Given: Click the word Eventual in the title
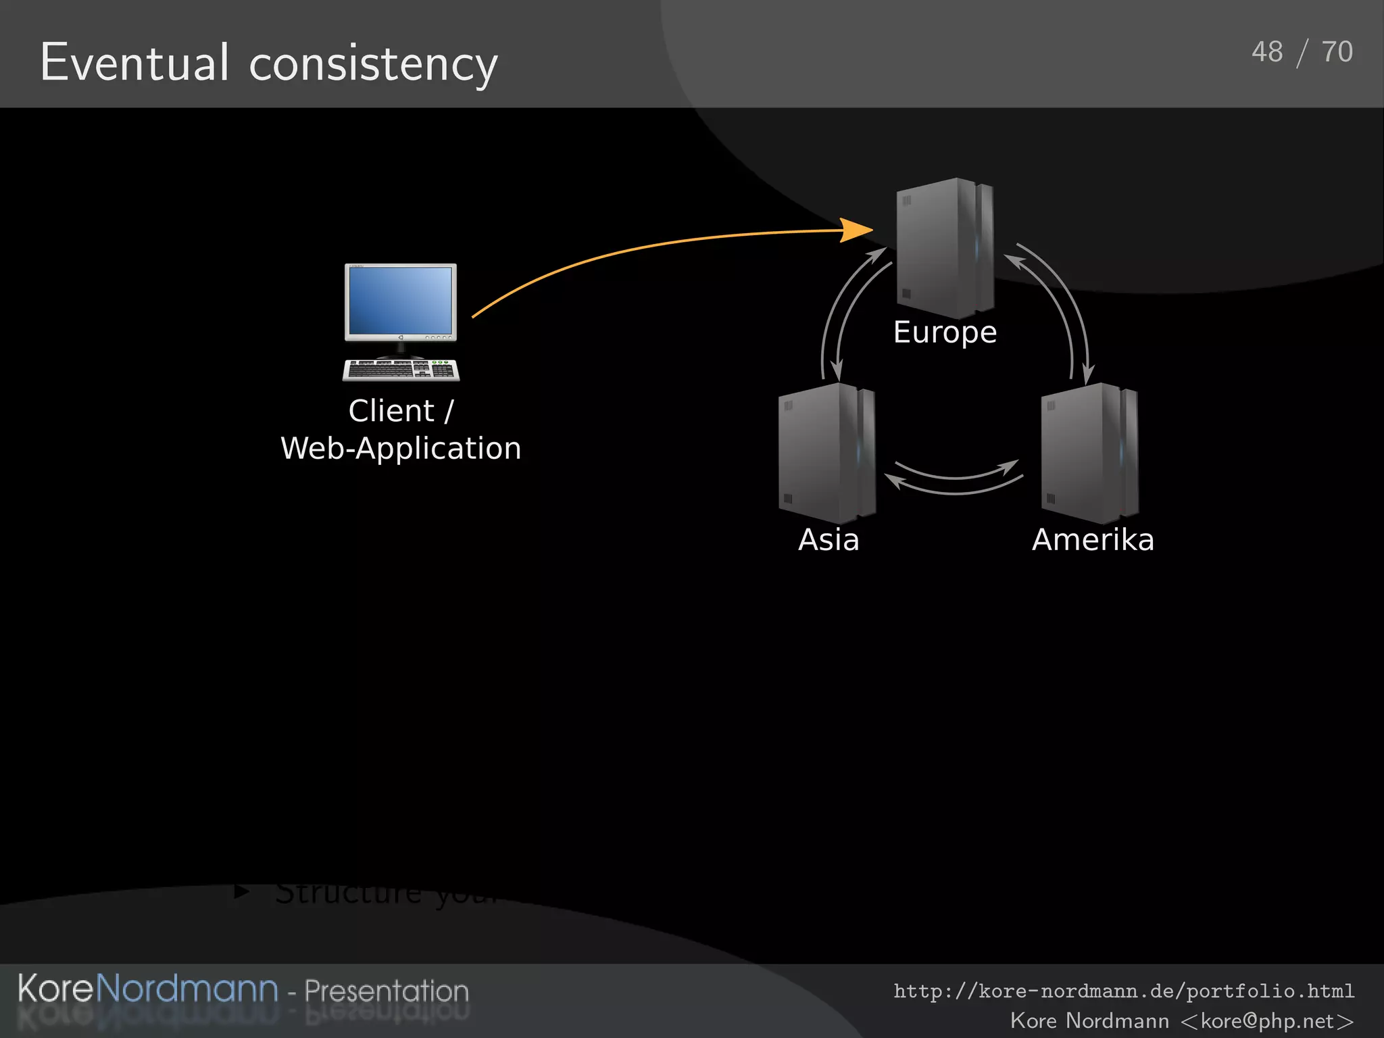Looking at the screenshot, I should [x=134, y=62].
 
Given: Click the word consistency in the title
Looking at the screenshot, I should [x=373, y=65].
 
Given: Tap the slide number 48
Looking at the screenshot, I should [x=1266, y=52].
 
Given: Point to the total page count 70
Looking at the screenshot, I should [x=1337, y=52].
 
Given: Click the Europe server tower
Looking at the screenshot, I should [x=944, y=247].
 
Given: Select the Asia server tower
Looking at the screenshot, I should [x=826, y=452].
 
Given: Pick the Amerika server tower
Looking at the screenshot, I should [x=1089, y=452].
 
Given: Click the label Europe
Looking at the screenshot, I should [x=945, y=332].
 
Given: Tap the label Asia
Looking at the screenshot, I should [x=829, y=540].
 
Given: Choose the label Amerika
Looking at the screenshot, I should [x=1093, y=540].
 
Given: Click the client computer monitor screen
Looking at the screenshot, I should [x=400, y=299].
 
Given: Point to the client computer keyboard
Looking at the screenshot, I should [x=401, y=370].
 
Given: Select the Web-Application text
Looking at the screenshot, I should [x=401, y=449].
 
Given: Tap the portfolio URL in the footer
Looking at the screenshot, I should [x=1124, y=991].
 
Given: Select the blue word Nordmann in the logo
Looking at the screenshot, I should [x=187, y=989].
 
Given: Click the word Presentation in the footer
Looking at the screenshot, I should [x=386, y=991].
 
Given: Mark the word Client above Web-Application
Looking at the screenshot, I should [x=391, y=411].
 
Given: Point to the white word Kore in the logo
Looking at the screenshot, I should [x=55, y=989].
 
